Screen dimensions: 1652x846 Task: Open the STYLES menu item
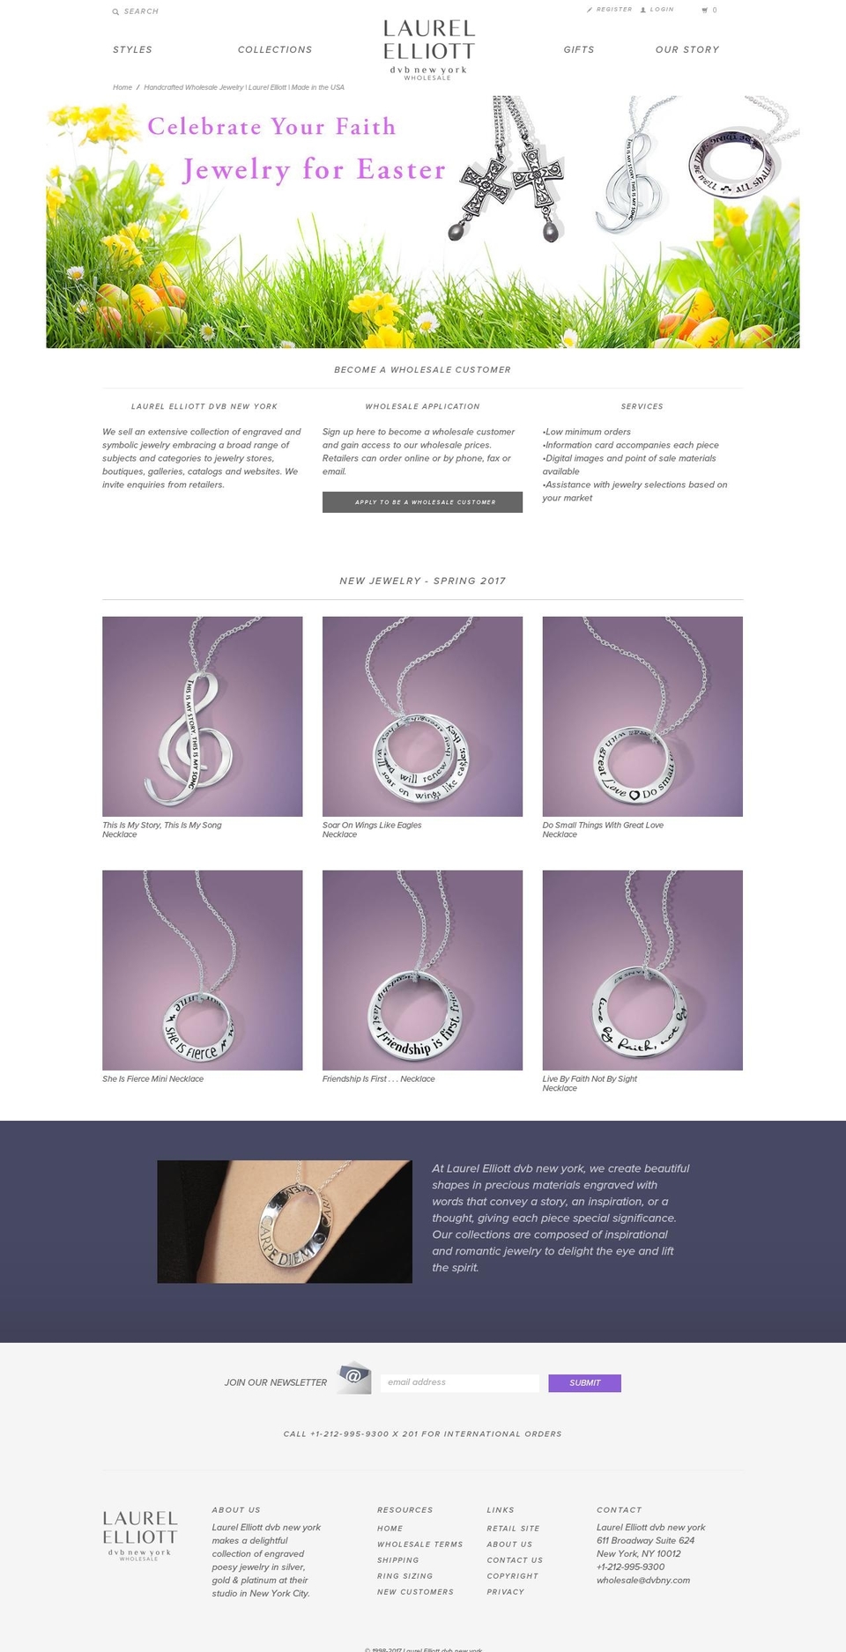(132, 50)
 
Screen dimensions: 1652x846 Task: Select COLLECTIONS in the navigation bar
(275, 50)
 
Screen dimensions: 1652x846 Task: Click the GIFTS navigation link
(579, 50)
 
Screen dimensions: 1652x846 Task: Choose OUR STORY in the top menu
(687, 50)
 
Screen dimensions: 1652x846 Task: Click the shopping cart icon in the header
(705, 11)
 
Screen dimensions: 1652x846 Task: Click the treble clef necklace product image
(202, 716)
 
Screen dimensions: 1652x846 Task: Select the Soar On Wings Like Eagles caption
(372, 826)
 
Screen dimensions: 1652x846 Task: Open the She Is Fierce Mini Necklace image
(202, 970)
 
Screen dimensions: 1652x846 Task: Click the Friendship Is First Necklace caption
(378, 1079)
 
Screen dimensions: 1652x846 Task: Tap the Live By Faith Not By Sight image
(642, 970)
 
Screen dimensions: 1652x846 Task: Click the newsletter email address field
(459, 1382)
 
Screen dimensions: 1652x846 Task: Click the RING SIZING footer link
(404, 1576)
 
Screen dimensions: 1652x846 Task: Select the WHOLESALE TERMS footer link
(419, 1545)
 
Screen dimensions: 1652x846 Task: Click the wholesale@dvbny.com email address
(643, 1581)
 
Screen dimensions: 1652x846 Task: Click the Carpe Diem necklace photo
(285, 1221)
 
